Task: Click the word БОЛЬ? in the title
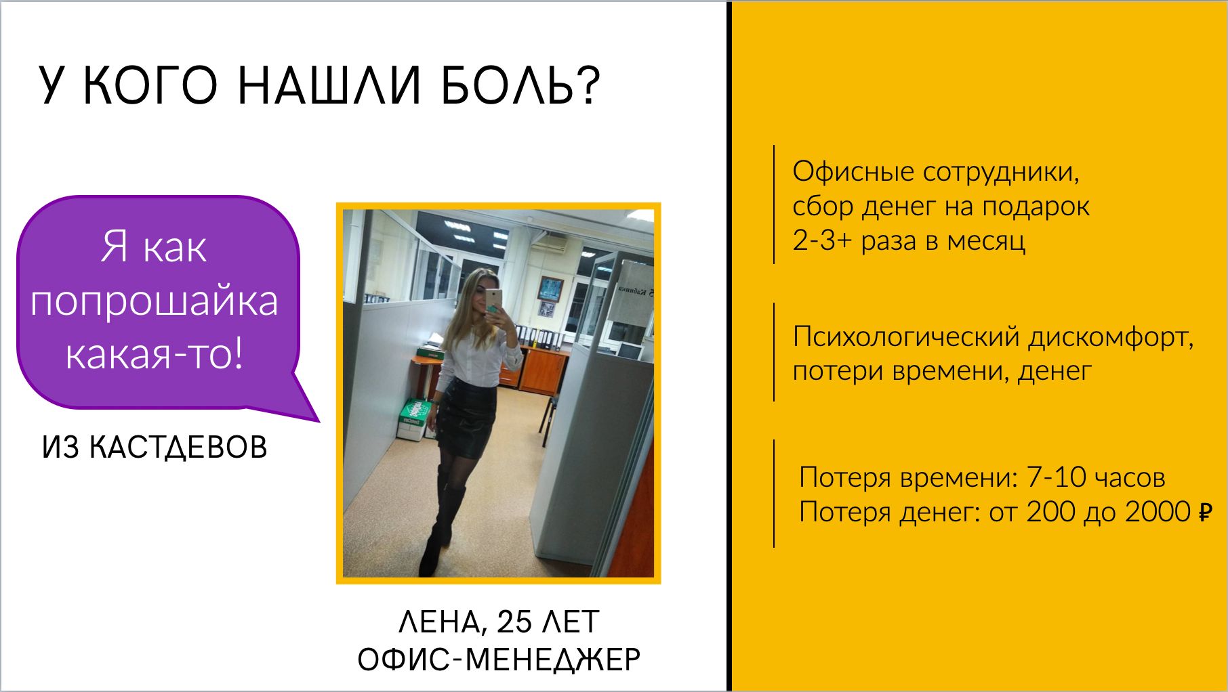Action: tap(520, 86)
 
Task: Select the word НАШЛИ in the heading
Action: tap(329, 86)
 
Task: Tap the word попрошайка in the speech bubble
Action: tap(155, 301)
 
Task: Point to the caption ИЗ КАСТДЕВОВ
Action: tap(155, 448)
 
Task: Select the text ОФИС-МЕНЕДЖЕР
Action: tap(499, 659)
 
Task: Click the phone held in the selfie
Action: tap(492, 299)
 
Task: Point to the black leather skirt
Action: tap(464, 416)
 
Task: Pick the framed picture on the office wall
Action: tap(551, 289)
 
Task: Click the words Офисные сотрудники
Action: tap(935, 172)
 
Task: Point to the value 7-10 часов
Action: tap(1097, 477)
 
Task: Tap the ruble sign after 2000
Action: tap(1205, 512)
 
